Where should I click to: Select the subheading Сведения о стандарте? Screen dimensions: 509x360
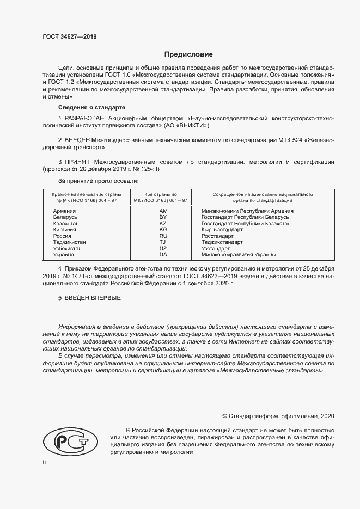(91, 107)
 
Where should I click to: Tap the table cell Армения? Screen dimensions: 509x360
(64, 211)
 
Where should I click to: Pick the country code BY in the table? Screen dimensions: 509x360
(163, 217)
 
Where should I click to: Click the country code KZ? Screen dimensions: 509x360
(163, 223)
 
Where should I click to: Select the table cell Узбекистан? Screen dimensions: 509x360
(67, 248)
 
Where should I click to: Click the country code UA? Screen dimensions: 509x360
(163, 254)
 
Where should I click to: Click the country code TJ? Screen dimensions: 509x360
(163, 242)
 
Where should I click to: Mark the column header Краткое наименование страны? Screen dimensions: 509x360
(87, 194)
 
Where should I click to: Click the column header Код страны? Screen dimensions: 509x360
(161, 194)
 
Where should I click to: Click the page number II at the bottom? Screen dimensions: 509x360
(45, 462)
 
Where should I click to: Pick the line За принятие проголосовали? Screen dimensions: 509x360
(98, 180)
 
